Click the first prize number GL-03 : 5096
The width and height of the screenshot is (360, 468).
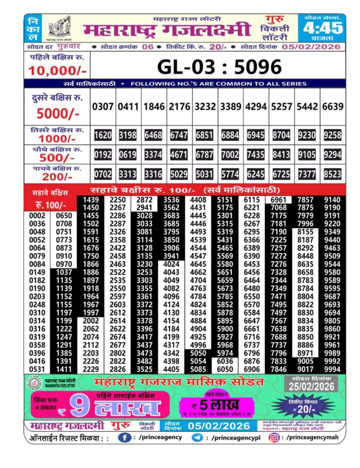point(219,67)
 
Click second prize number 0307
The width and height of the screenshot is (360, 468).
point(102,106)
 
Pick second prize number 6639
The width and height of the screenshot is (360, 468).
point(333,106)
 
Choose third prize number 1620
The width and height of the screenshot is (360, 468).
point(102,135)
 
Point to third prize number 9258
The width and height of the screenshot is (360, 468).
point(333,135)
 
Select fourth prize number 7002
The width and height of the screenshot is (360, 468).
point(230,155)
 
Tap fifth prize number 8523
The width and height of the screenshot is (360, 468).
point(333,174)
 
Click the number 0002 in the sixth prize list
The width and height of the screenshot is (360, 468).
point(37,216)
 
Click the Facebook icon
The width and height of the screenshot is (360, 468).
point(125,437)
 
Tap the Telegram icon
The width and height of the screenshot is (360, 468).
point(197,437)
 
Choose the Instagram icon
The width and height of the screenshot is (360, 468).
point(274,437)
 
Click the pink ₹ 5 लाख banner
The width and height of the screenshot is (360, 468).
point(216,404)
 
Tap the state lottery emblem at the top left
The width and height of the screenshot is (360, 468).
point(59,28)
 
